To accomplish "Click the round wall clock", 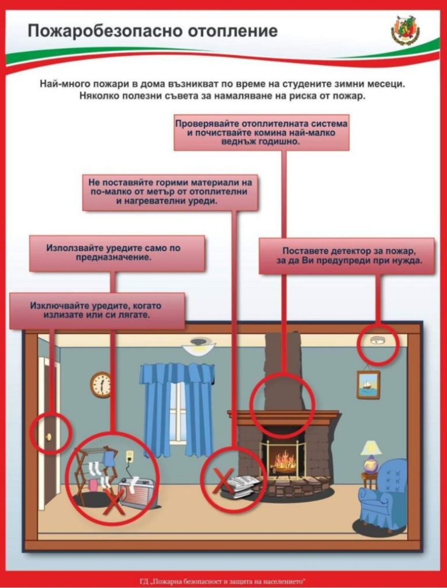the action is [101, 385].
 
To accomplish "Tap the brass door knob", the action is [48, 437].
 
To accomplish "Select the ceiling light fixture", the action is [198, 345].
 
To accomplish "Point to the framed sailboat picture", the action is [368, 384].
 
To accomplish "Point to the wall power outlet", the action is [130, 457].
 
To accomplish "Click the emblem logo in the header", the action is [405, 31].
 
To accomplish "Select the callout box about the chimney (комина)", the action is [262, 132].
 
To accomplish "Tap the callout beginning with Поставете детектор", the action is [346, 256].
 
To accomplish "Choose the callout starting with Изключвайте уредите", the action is [97, 311].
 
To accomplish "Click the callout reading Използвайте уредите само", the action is [117, 253].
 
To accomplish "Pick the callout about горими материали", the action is [171, 192].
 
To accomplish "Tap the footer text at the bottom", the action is [224, 582].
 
